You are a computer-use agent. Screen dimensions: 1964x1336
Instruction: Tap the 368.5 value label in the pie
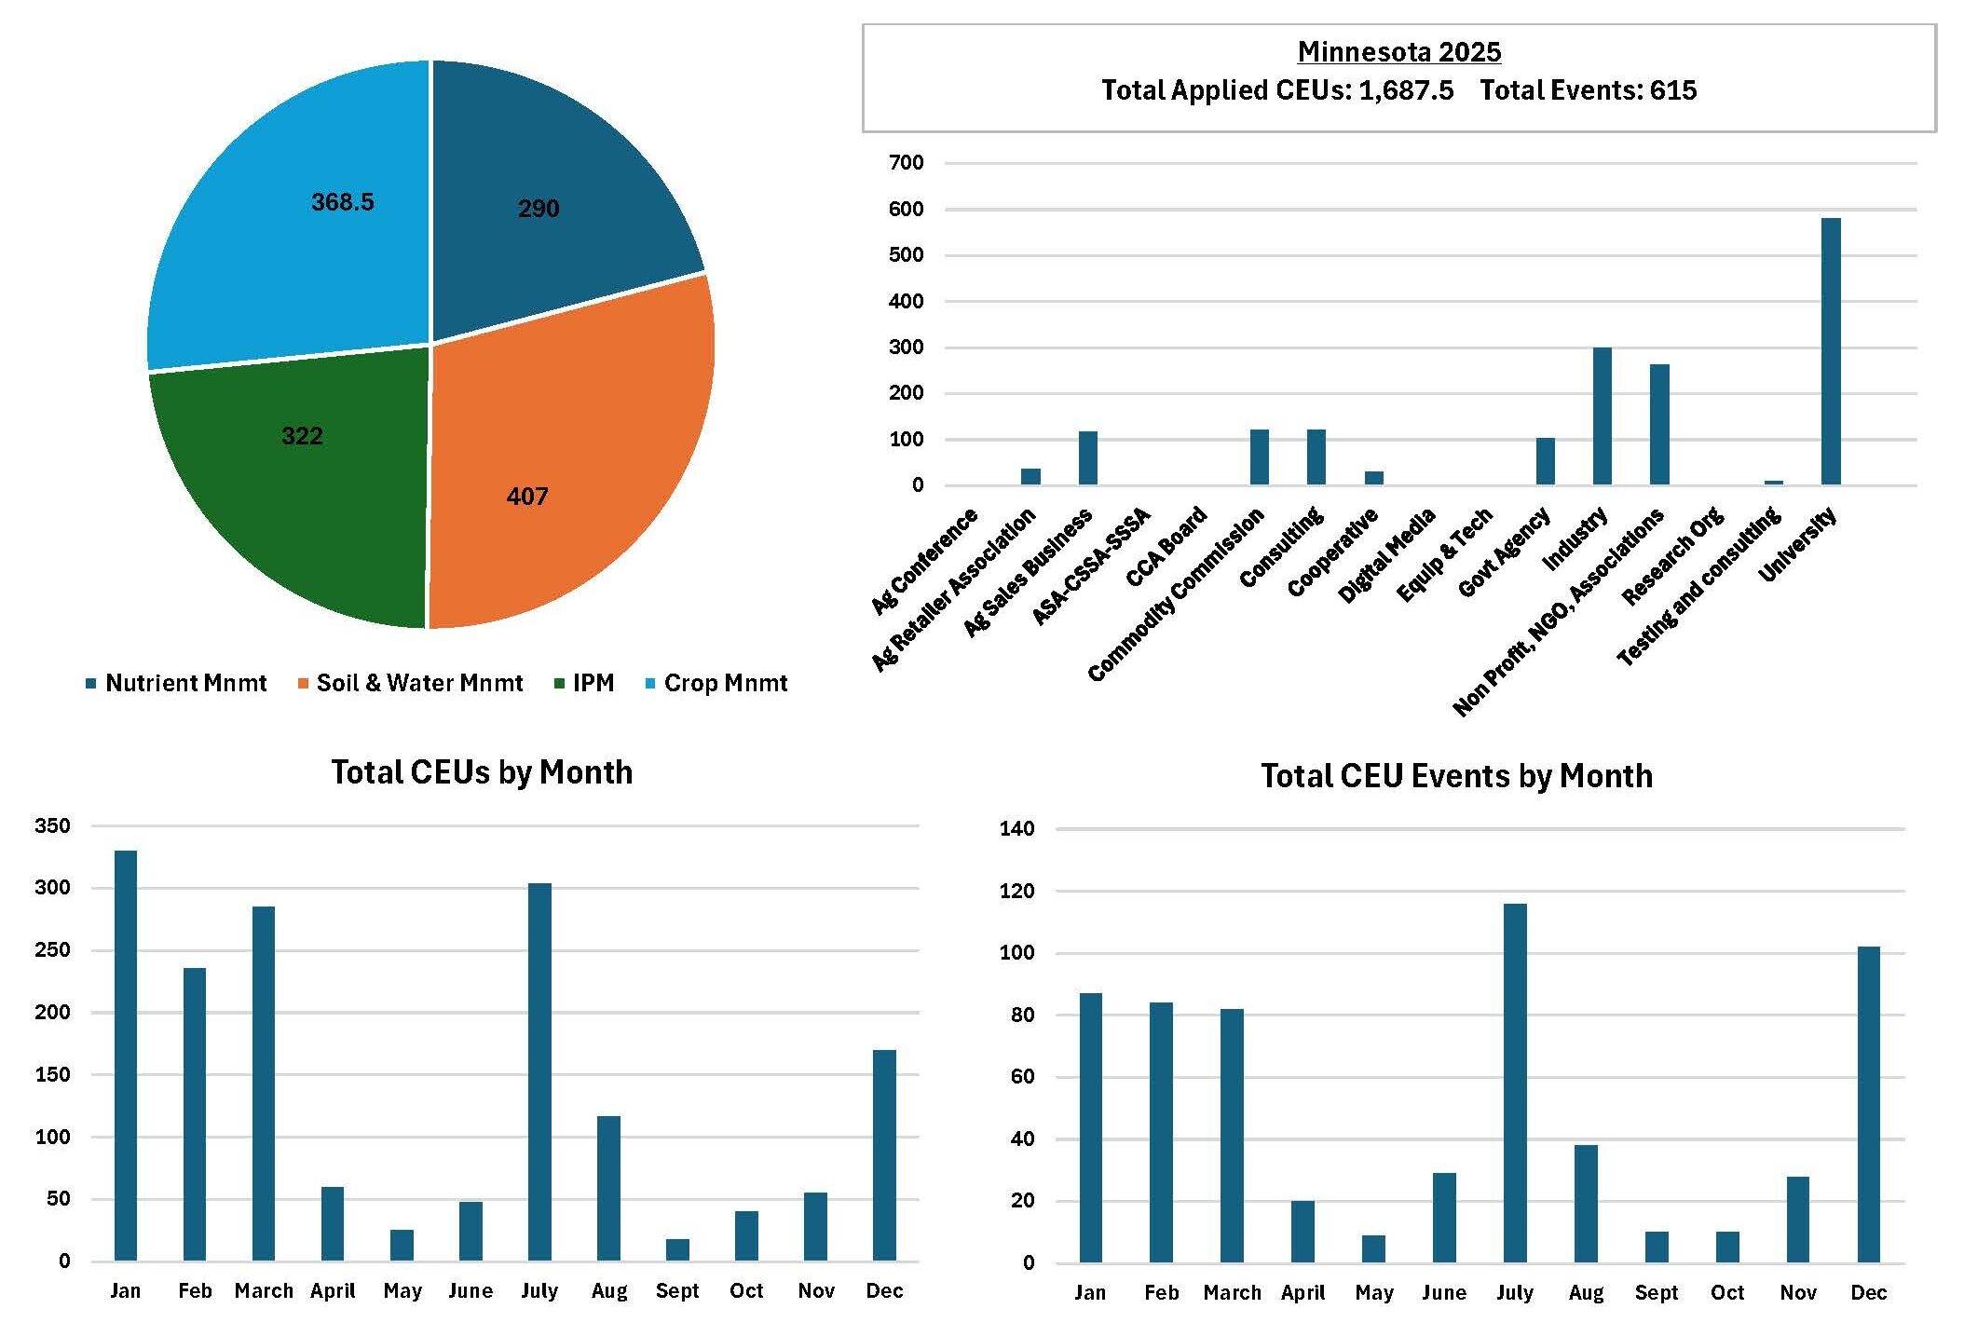342,202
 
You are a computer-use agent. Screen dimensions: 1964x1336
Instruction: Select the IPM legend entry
584,683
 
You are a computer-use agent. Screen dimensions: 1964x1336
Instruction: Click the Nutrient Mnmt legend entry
176,683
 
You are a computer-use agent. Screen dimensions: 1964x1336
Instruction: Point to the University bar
1831,351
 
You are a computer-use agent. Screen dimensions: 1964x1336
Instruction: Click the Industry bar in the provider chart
1602,416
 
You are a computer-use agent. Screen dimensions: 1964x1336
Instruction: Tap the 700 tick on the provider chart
906,163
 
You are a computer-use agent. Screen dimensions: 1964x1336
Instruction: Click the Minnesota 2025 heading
1398,52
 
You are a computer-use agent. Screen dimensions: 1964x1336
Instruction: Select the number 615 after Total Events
1673,90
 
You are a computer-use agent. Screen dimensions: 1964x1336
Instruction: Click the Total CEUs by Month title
482,772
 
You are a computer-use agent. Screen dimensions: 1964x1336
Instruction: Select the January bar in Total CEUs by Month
126,1056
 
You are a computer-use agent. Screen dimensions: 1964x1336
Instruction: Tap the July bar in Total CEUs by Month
539,1071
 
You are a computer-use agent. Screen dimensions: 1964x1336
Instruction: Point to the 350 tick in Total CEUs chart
52,825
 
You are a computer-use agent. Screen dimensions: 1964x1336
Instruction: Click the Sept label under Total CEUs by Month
677,1290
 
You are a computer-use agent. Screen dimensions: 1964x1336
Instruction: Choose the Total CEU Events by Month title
1456,776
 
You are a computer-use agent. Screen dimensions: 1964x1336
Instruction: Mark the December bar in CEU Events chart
1868,1105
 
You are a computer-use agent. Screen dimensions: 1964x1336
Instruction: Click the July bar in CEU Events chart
1515,1084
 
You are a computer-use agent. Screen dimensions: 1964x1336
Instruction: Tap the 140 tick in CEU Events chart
1016,829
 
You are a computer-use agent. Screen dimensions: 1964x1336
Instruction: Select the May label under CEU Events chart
1373,1293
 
